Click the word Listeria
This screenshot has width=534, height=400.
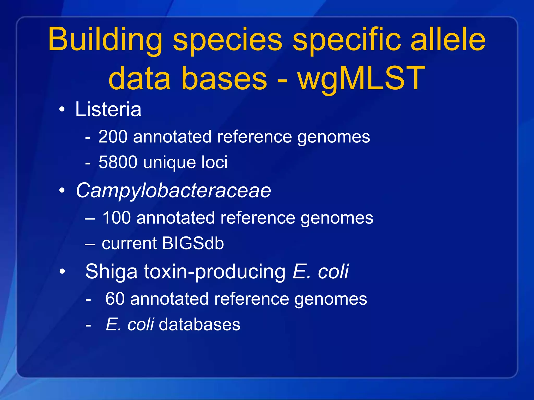(108, 109)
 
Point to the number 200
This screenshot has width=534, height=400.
(113, 137)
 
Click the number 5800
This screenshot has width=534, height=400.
(118, 162)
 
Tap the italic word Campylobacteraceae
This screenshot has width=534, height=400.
(173, 191)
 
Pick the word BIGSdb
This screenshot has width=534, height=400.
(193, 243)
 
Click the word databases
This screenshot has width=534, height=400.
(199, 325)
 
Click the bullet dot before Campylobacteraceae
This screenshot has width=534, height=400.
(62, 191)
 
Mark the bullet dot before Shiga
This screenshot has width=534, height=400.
(62, 272)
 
